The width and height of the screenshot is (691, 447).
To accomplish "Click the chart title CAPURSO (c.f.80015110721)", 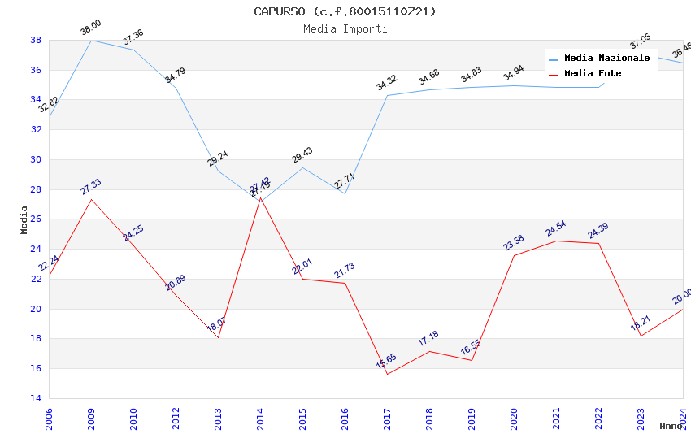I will (345, 11).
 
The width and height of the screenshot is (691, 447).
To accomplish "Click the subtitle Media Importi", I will (345, 28).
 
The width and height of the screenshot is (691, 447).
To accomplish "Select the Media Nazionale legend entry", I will (606, 59).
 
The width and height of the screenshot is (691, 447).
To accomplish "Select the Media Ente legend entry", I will (593, 74).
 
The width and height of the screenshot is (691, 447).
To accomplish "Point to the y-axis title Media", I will (24, 219).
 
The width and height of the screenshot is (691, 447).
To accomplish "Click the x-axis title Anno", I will (671, 426).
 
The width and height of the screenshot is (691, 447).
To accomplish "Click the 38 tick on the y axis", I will (36, 40).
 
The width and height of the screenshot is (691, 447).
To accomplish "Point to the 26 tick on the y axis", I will (36, 219).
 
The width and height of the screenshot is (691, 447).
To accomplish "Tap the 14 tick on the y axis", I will (36, 398).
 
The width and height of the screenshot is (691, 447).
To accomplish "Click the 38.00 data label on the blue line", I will (91, 29).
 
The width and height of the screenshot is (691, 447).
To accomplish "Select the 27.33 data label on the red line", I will (91, 187).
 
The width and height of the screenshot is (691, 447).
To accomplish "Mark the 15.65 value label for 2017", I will (387, 362).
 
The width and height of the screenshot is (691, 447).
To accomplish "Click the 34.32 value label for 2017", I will (387, 83).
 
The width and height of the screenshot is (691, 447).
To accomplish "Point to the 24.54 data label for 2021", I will (556, 228).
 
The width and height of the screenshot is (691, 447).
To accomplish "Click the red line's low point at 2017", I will (387, 374).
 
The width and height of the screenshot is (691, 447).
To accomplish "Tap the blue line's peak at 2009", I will (91, 40).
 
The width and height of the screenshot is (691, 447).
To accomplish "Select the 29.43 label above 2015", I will (302, 155).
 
